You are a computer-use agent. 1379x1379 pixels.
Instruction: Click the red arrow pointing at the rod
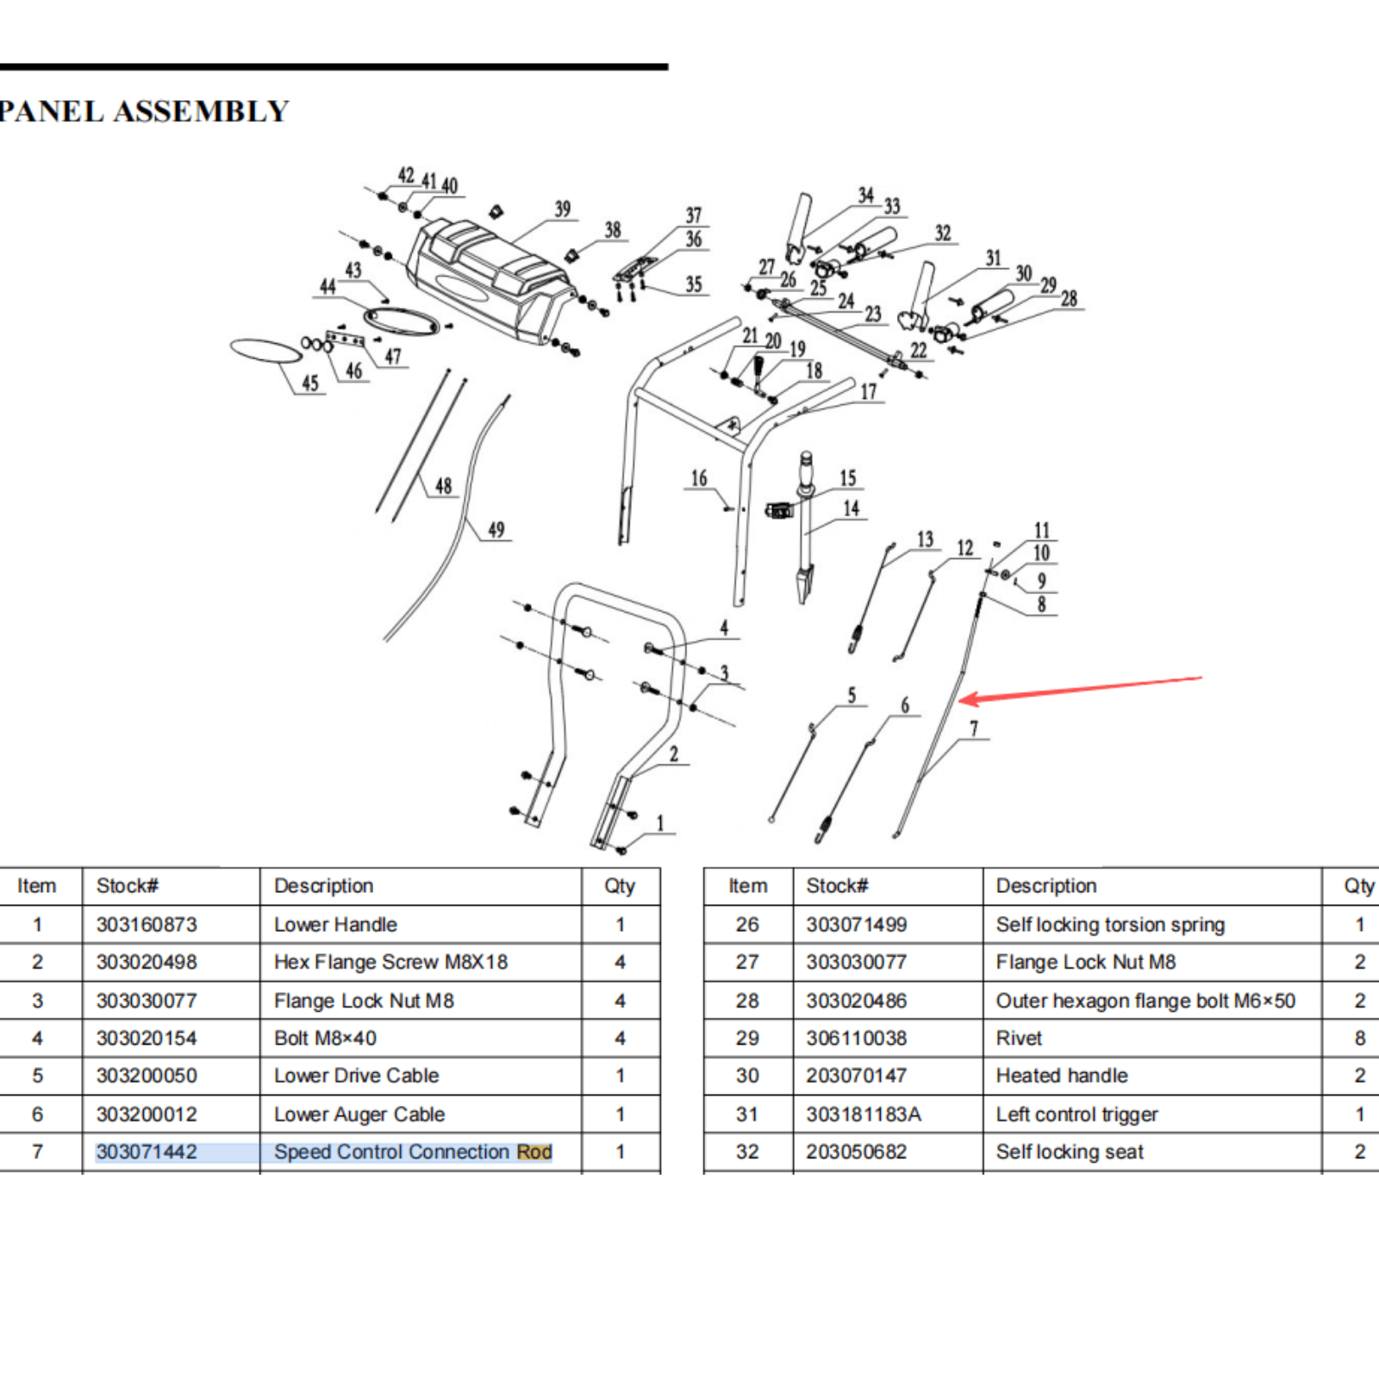point(1077,689)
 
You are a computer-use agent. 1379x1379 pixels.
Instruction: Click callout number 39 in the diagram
point(563,209)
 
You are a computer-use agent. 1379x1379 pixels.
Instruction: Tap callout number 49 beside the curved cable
point(496,529)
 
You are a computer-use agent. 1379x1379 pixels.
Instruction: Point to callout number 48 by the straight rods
point(443,486)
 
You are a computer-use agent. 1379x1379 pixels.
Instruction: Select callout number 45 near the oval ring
point(310,383)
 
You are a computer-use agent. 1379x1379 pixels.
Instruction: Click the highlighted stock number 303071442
point(147,1151)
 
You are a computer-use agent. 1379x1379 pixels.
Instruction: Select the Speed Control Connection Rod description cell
point(413,1151)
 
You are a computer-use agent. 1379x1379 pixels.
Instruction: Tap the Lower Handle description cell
point(335,925)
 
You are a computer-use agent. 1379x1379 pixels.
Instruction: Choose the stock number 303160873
point(147,925)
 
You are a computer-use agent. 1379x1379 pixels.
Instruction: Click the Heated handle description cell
point(1062,1076)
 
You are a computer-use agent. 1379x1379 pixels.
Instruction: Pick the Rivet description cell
point(1019,1039)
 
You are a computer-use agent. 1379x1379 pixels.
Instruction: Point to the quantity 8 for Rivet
point(1359,1039)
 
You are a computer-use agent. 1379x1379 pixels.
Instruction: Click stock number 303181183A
point(864,1114)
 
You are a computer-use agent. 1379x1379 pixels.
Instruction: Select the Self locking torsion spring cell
point(1110,925)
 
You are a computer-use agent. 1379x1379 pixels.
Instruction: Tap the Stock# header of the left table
point(128,886)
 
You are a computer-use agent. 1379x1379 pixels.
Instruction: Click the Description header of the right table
point(1046,886)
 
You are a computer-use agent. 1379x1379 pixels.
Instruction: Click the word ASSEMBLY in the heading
point(201,111)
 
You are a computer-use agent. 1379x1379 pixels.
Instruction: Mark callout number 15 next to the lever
point(848,478)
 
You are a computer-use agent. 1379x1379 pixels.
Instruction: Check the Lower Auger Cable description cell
point(359,1114)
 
